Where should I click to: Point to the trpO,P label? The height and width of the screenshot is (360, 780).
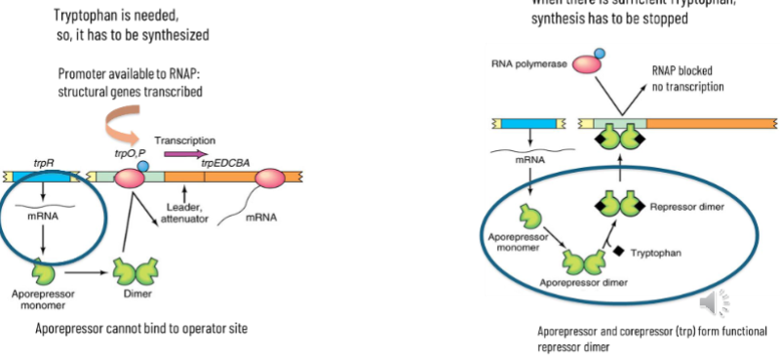click(129, 155)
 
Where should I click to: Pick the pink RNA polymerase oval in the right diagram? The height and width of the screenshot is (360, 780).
click(588, 62)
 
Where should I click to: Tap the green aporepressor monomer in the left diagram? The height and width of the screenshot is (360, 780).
click(42, 269)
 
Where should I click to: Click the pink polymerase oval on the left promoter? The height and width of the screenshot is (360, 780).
click(129, 177)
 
